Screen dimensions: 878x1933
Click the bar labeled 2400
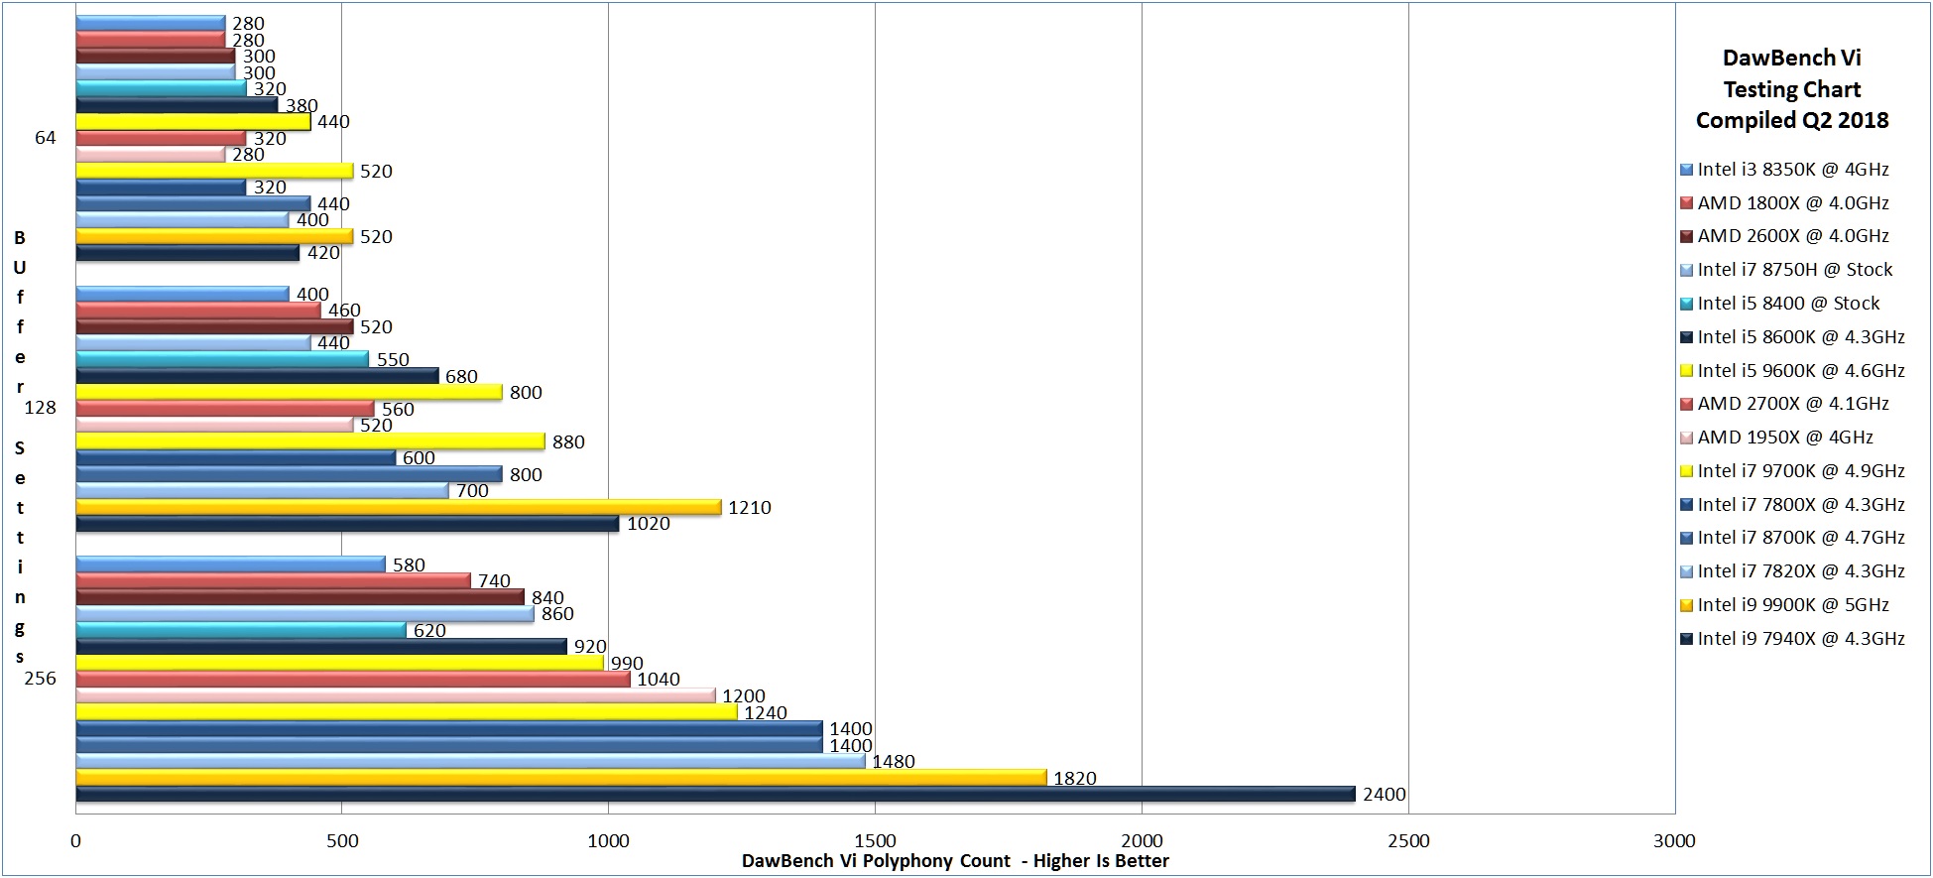click(x=714, y=794)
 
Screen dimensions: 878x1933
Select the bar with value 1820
click(x=560, y=778)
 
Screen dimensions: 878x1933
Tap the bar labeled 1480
click(x=470, y=761)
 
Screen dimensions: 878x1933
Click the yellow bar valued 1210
click(x=398, y=507)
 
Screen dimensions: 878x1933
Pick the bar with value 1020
click(x=347, y=523)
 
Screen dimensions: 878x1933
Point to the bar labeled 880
click(x=309, y=441)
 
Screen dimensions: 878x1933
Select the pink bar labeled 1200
click(x=395, y=695)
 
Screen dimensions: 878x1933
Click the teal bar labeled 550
click(x=221, y=359)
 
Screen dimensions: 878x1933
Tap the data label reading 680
click(x=461, y=376)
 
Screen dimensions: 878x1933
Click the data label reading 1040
click(x=659, y=680)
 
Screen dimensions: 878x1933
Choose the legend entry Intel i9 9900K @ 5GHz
click(x=1793, y=605)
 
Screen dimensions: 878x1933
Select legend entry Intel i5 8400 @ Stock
click(x=1788, y=304)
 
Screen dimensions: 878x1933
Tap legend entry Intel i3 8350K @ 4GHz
click(x=1793, y=170)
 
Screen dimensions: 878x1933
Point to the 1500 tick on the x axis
click(x=875, y=841)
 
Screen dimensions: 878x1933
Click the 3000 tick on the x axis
click(x=1674, y=841)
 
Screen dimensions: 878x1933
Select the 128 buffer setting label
click(x=40, y=408)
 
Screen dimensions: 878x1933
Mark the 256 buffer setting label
click(x=40, y=679)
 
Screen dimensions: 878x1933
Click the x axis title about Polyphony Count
click(x=955, y=861)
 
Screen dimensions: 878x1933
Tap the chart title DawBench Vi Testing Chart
click(x=1791, y=89)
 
